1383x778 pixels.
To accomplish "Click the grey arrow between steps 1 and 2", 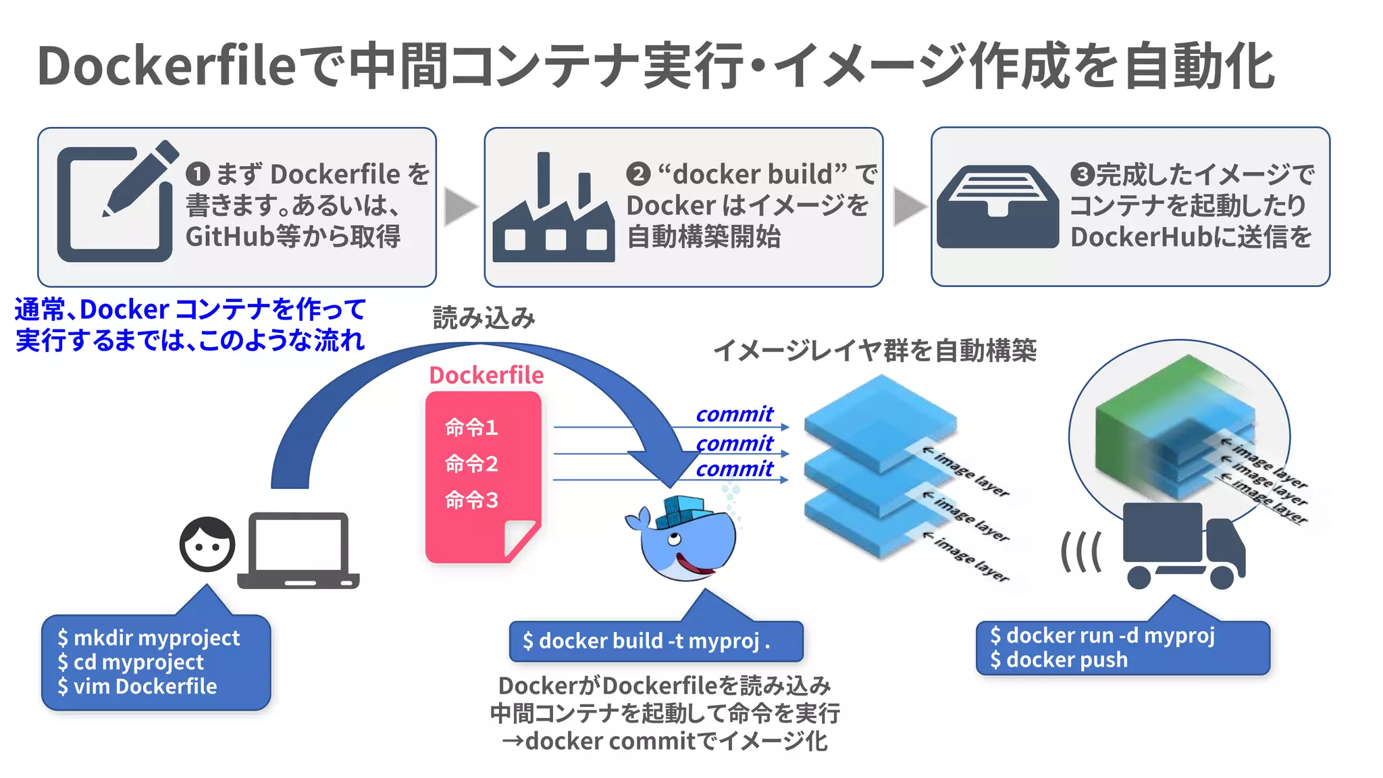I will pyautogui.click(x=460, y=207).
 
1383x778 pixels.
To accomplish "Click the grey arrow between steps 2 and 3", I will pyautogui.click(x=908, y=207).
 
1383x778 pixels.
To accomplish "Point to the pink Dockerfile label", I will pyautogui.click(x=486, y=375).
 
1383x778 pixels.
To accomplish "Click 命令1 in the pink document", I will pyautogui.click(x=471, y=427).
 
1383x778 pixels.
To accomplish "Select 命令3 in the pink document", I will pyautogui.click(x=471, y=500).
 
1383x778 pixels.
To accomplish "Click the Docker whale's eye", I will pyautogui.click(x=673, y=539).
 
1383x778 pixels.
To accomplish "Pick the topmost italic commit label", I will pyautogui.click(x=734, y=414).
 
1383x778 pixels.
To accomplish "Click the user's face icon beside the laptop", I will pyautogui.click(x=207, y=544).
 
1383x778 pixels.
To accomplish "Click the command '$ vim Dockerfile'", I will pyautogui.click(x=138, y=687).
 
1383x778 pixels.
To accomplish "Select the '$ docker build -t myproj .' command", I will pyautogui.click(x=646, y=641).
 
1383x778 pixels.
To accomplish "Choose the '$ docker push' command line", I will pyautogui.click(x=1059, y=660).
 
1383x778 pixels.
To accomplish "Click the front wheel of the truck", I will pyautogui.click(x=1222, y=577).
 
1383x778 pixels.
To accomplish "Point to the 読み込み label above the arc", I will pyautogui.click(x=484, y=318).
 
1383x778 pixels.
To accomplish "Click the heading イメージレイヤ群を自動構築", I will pyautogui.click(x=875, y=351).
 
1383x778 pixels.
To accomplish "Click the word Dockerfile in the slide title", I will pyautogui.click(x=167, y=66).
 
